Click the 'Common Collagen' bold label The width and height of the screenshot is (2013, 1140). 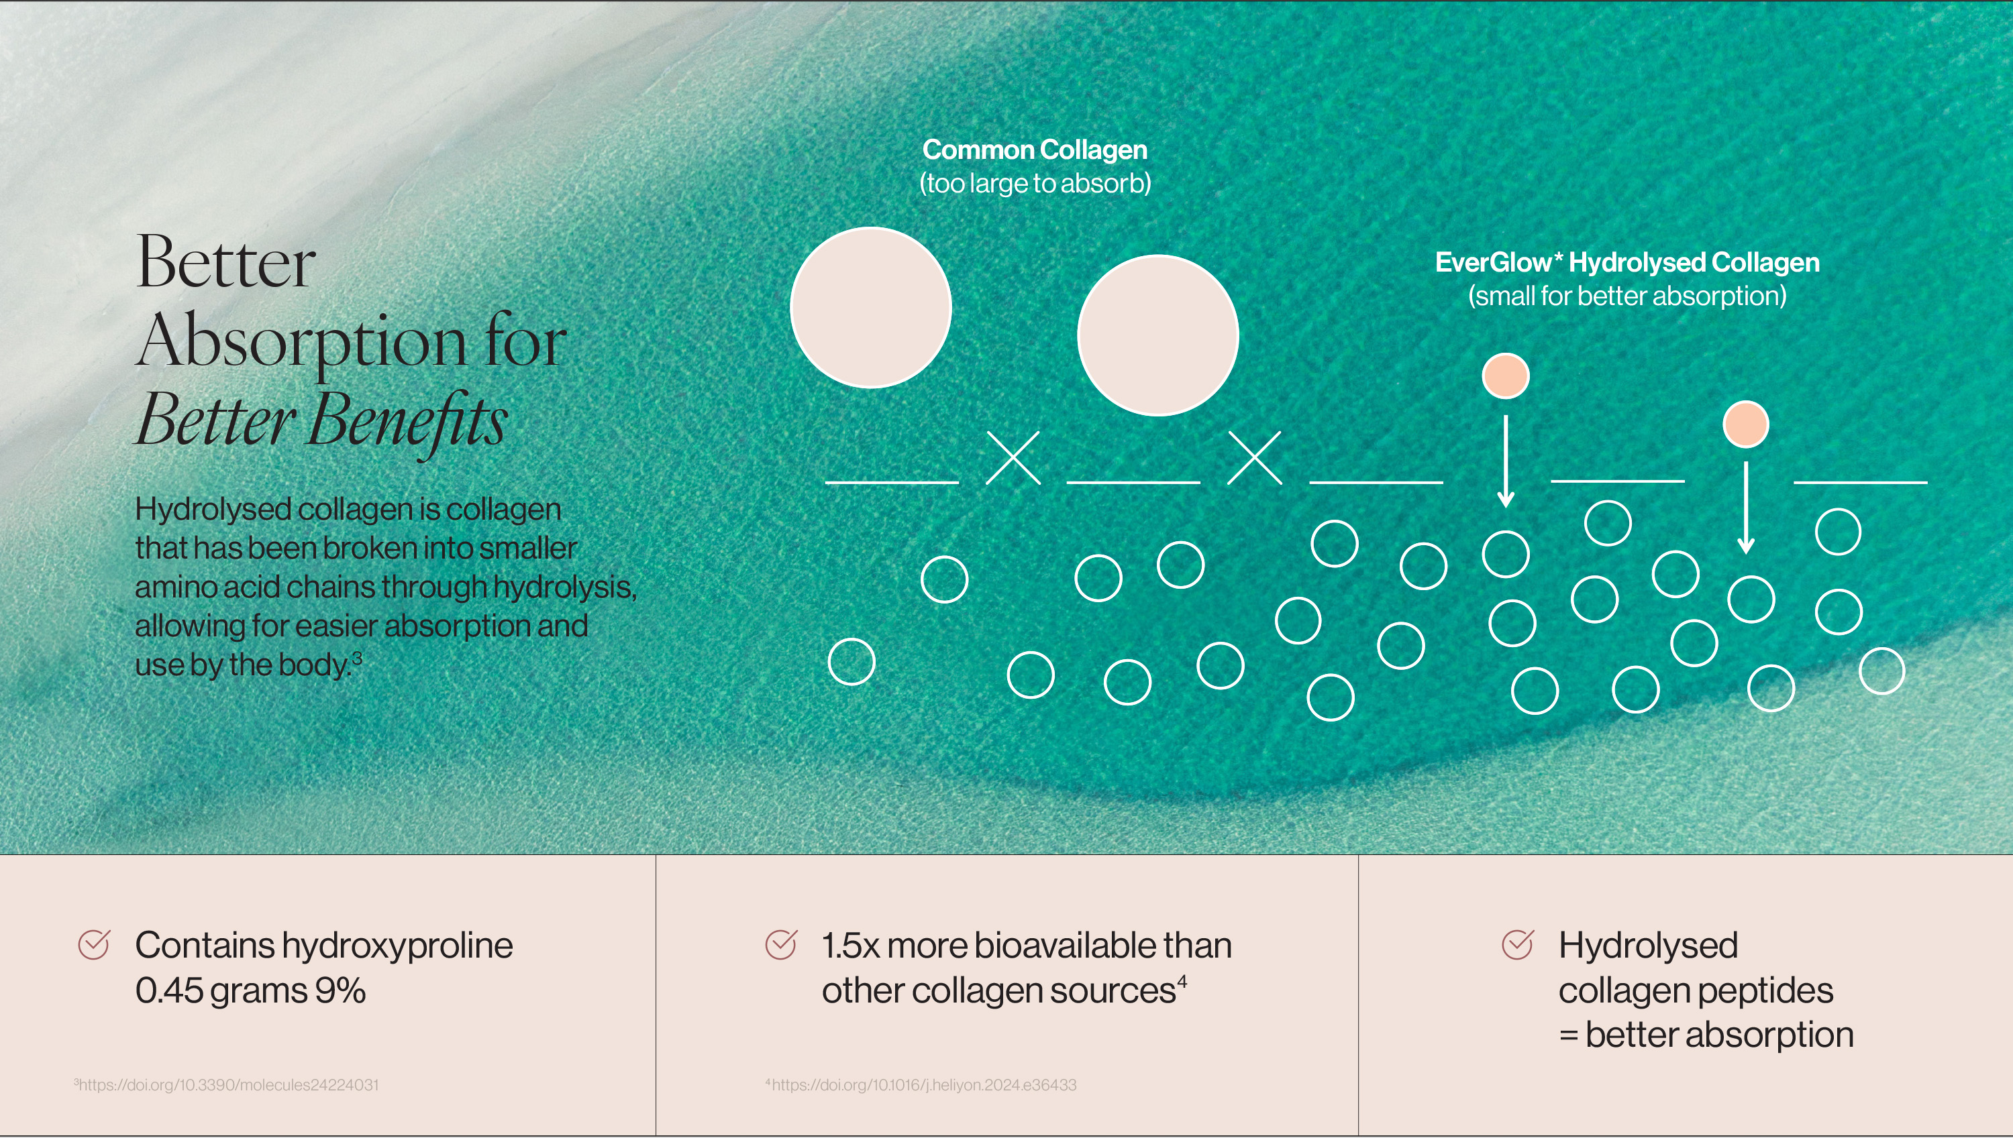coord(1035,150)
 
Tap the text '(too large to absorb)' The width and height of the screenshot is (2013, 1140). coord(1035,183)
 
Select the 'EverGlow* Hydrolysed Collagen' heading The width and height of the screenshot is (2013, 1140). coord(1627,262)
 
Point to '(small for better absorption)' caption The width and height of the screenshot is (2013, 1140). coord(1627,296)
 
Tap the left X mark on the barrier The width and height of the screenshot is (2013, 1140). coord(1013,458)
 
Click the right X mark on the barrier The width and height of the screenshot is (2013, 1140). coord(1255,458)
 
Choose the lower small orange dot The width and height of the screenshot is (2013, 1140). coord(1746,424)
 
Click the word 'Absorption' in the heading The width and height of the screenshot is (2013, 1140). coord(301,343)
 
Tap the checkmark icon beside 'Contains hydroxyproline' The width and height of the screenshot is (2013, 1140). coord(94,945)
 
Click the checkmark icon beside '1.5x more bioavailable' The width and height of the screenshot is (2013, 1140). coord(781,945)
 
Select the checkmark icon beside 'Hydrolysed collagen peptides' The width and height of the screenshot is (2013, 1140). coord(1518,945)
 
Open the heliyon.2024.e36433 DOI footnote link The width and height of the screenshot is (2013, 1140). coord(921,1085)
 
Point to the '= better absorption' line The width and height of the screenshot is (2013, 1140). coord(1706,1035)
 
